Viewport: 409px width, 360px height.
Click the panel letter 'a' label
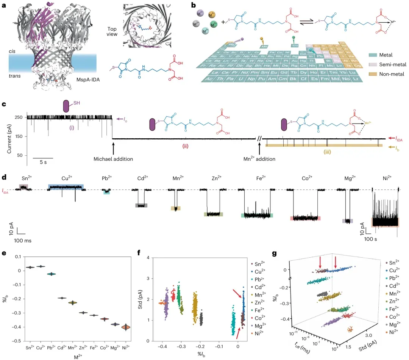[4, 5]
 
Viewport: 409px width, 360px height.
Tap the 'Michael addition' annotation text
[113, 159]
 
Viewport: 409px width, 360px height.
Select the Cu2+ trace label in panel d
[66, 178]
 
